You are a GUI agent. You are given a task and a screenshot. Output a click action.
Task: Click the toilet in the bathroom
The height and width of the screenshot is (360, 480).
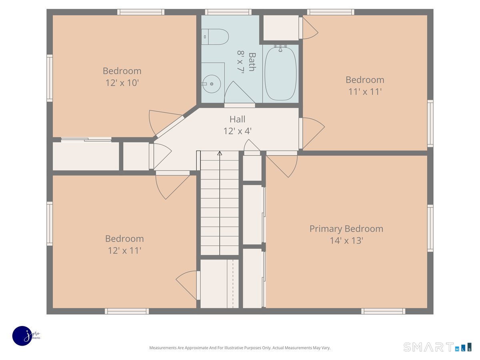click(215, 37)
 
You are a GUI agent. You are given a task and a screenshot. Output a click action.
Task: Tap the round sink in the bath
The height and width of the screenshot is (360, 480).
click(212, 84)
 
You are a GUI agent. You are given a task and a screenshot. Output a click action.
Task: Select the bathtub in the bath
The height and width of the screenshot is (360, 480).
click(280, 73)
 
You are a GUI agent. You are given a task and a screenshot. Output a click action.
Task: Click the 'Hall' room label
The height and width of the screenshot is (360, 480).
click(237, 119)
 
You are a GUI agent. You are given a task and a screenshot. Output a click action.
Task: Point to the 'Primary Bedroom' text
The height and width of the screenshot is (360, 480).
click(346, 229)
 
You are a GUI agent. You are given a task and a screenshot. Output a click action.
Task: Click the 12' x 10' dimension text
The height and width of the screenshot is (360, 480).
click(122, 83)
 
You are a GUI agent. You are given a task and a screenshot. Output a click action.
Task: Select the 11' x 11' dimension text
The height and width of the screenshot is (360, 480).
click(365, 92)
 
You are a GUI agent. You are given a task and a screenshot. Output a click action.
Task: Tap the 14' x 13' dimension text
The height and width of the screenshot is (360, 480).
click(346, 241)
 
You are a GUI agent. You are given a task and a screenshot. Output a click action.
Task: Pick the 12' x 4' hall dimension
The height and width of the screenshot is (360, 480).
click(238, 131)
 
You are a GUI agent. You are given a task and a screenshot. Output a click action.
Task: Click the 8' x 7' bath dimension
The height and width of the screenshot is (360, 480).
click(240, 62)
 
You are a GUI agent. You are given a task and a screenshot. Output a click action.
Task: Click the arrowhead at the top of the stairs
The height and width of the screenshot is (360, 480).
click(220, 153)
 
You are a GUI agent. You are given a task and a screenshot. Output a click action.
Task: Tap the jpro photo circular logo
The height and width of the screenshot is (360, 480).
click(23, 336)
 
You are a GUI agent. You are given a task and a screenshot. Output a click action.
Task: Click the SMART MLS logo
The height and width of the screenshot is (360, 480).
click(437, 347)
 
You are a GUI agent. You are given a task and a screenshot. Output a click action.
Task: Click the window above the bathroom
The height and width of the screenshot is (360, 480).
click(228, 12)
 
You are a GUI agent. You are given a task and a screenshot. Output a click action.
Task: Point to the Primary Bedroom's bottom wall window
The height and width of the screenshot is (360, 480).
click(383, 311)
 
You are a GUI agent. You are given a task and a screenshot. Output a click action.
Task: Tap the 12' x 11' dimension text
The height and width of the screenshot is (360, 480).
click(125, 251)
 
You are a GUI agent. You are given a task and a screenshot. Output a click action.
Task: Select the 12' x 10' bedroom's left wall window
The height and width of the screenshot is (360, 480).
click(50, 78)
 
